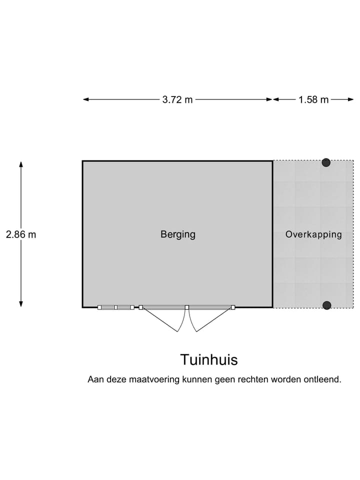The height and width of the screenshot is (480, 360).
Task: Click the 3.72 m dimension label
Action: coord(177,99)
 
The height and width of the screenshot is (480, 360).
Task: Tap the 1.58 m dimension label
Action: coord(313,99)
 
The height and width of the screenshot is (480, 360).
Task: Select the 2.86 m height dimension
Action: coord(21,234)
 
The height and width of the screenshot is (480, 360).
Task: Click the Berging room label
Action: coord(178,234)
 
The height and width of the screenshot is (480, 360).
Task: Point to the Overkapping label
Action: coord(313,234)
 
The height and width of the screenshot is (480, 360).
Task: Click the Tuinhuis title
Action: coord(209,359)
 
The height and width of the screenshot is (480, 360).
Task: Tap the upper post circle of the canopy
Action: coord(326,162)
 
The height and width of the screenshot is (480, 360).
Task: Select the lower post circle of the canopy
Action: coord(327,305)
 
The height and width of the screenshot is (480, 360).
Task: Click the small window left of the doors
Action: coord(115,307)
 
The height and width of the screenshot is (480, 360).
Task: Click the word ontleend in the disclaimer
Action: coord(322,379)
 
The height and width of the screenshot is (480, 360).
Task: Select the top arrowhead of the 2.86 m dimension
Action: coord(21,164)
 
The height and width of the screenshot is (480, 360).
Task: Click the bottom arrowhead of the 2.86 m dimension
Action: coord(21,304)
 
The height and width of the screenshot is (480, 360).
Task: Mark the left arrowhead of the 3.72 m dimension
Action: coord(86,99)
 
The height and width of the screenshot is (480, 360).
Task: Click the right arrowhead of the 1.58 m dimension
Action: coord(351,99)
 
